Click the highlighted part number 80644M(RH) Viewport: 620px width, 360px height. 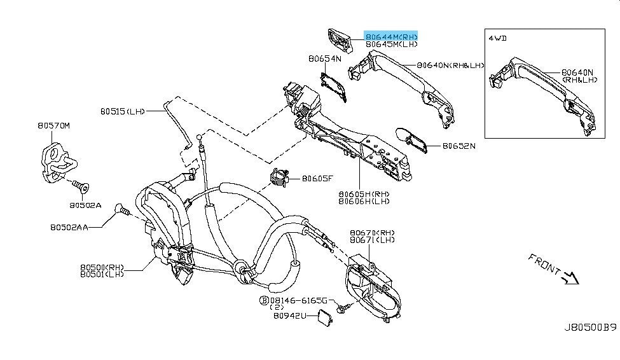391,37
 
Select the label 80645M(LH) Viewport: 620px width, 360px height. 391,45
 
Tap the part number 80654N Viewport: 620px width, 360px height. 325,59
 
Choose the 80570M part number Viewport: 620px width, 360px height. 53,126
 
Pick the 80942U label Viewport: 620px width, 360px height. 289,315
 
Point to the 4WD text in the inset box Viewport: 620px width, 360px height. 498,38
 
